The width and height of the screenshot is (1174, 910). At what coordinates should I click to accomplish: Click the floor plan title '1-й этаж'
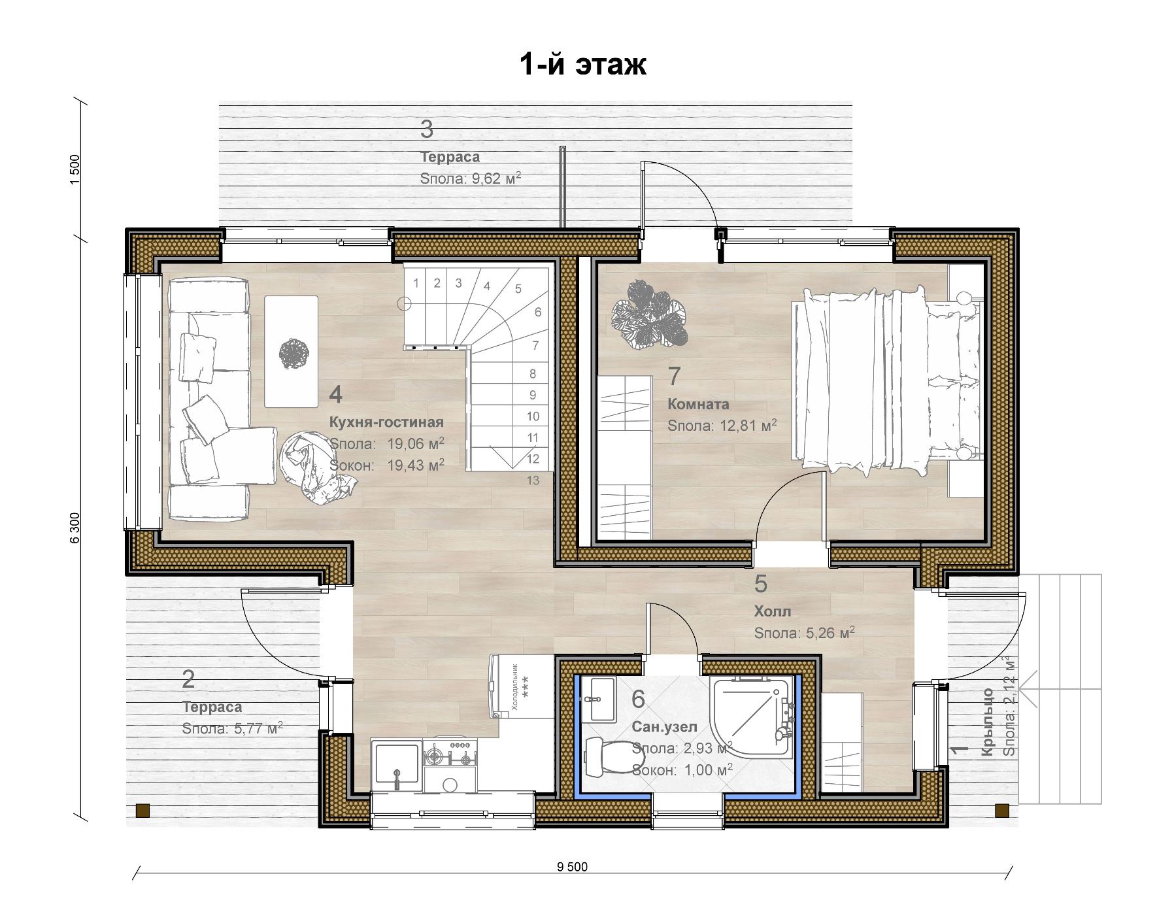(582, 65)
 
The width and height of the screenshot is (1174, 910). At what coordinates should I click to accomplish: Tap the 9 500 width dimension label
(572, 867)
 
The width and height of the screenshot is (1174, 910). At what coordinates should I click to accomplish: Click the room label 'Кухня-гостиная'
(386, 422)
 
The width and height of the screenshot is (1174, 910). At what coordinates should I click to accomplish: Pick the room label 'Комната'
(698, 404)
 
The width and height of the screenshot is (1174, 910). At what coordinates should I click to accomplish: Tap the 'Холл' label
(773, 611)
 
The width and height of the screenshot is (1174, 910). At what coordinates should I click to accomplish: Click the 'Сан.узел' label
(665, 726)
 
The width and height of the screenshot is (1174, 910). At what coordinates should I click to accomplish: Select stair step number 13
(533, 480)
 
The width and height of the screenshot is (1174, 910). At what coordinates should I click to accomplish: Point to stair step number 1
(416, 283)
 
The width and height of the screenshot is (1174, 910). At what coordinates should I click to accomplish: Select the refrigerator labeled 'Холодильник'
(522, 686)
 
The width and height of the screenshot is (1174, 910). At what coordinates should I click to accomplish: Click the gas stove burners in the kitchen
(450, 752)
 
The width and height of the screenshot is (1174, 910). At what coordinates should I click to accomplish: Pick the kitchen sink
(396, 766)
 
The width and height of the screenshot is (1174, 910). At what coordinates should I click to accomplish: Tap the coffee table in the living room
(291, 352)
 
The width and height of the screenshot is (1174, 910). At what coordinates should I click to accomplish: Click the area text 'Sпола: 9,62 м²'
(471, 178)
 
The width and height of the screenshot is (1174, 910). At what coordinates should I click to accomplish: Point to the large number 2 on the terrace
(188, 680)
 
